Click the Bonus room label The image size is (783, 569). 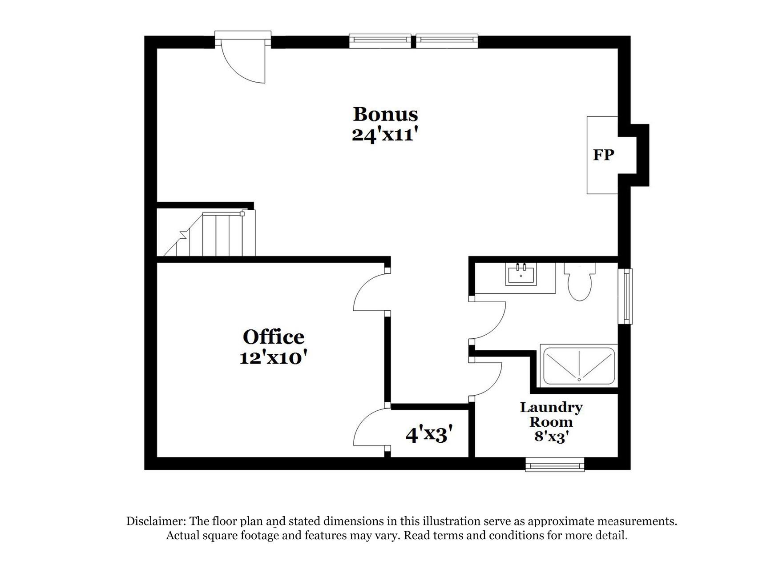(385, 114)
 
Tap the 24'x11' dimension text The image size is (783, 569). (385, 134)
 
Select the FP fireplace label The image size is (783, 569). (603, 155)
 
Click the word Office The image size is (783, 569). (273, 337)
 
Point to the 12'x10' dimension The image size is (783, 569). (273, 357)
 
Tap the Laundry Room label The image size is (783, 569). (551, 414)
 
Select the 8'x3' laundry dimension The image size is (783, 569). (551, 437)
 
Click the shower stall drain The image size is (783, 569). (579, 380)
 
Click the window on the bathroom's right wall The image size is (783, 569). (627, 296)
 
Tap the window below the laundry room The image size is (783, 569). (554, 465)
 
